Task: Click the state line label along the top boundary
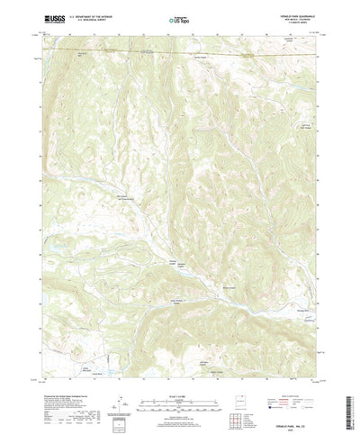(x=144, y=52)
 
